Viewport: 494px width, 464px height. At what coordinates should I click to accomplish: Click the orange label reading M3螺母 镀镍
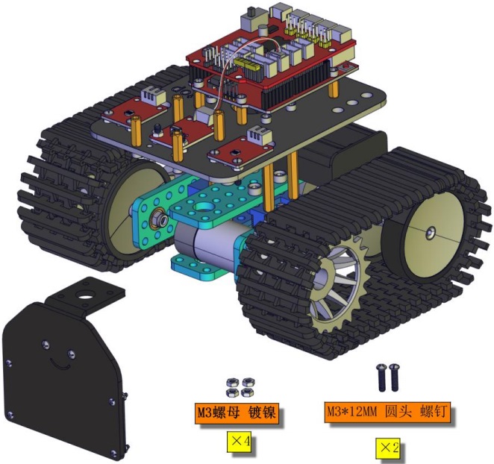coord(237,413)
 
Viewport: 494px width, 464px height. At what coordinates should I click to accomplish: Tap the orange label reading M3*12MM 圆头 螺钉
coord(387,412)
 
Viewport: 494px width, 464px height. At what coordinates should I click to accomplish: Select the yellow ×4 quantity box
coord(239,442)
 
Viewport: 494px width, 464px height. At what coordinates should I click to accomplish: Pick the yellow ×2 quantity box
coord(387,448)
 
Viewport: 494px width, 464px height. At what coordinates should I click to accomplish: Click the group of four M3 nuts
coord(240,386)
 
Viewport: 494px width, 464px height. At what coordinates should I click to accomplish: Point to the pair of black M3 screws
coord(388,377)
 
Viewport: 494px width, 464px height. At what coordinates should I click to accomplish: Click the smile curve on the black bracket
coord(60,365)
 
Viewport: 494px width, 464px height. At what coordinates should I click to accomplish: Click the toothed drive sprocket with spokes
coord(340,283)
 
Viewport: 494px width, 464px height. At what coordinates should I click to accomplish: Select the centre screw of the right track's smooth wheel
coord(431,233)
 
